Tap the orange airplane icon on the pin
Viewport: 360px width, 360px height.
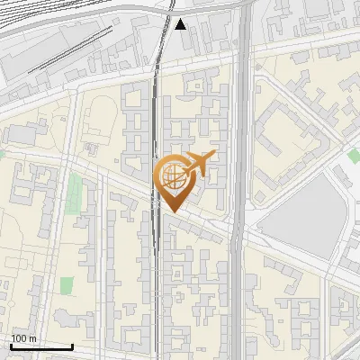click(x=199, y=164)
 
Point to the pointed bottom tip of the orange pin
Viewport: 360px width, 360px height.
click(x=172, y=211)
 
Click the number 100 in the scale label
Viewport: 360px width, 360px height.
click(x=19, y=338)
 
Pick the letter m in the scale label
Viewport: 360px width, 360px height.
click(x=32, y=338)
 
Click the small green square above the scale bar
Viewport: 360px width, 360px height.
click(x=67, y=285)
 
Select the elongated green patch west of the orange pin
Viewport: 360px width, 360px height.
click(x=74, y=193)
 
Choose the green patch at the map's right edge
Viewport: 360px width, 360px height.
click(x=354, y=157)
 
